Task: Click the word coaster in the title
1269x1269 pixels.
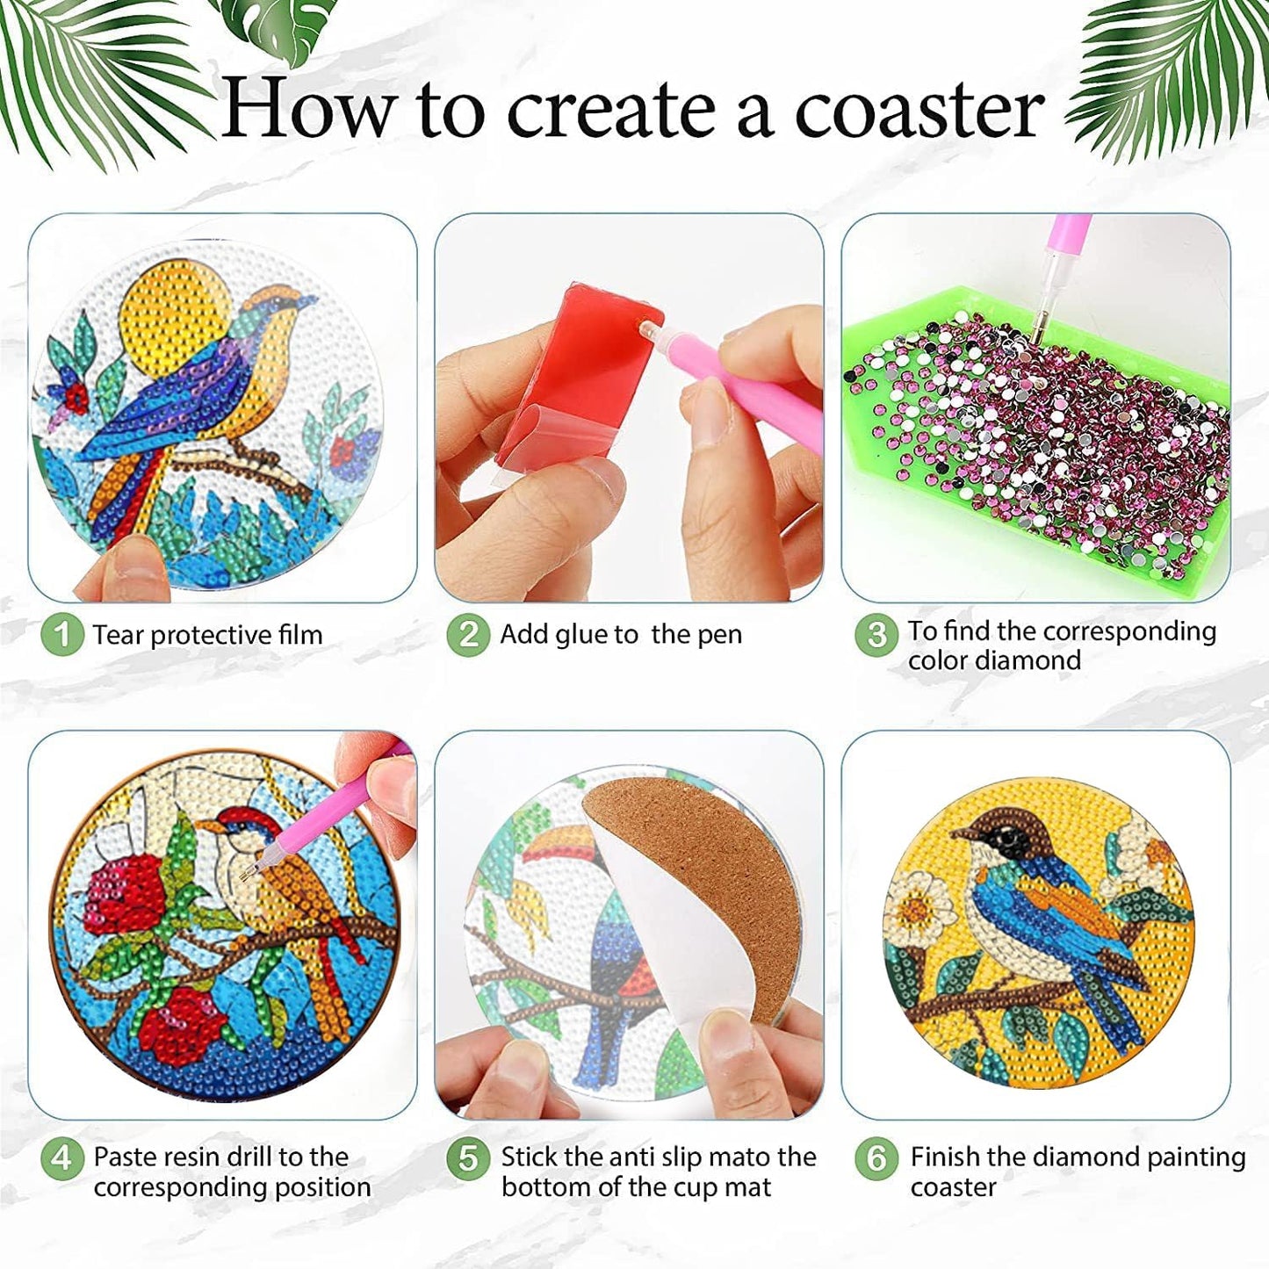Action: click(x=919, y=110)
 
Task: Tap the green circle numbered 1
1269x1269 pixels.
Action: click(x=61, y=634)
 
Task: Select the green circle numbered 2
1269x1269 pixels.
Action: click(x=467, y=634)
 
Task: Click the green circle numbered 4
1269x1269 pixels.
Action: click(x=61, y=1157)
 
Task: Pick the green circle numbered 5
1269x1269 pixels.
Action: click(x=467, y=1157)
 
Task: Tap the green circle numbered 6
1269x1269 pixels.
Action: click(x=876, y=1157)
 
